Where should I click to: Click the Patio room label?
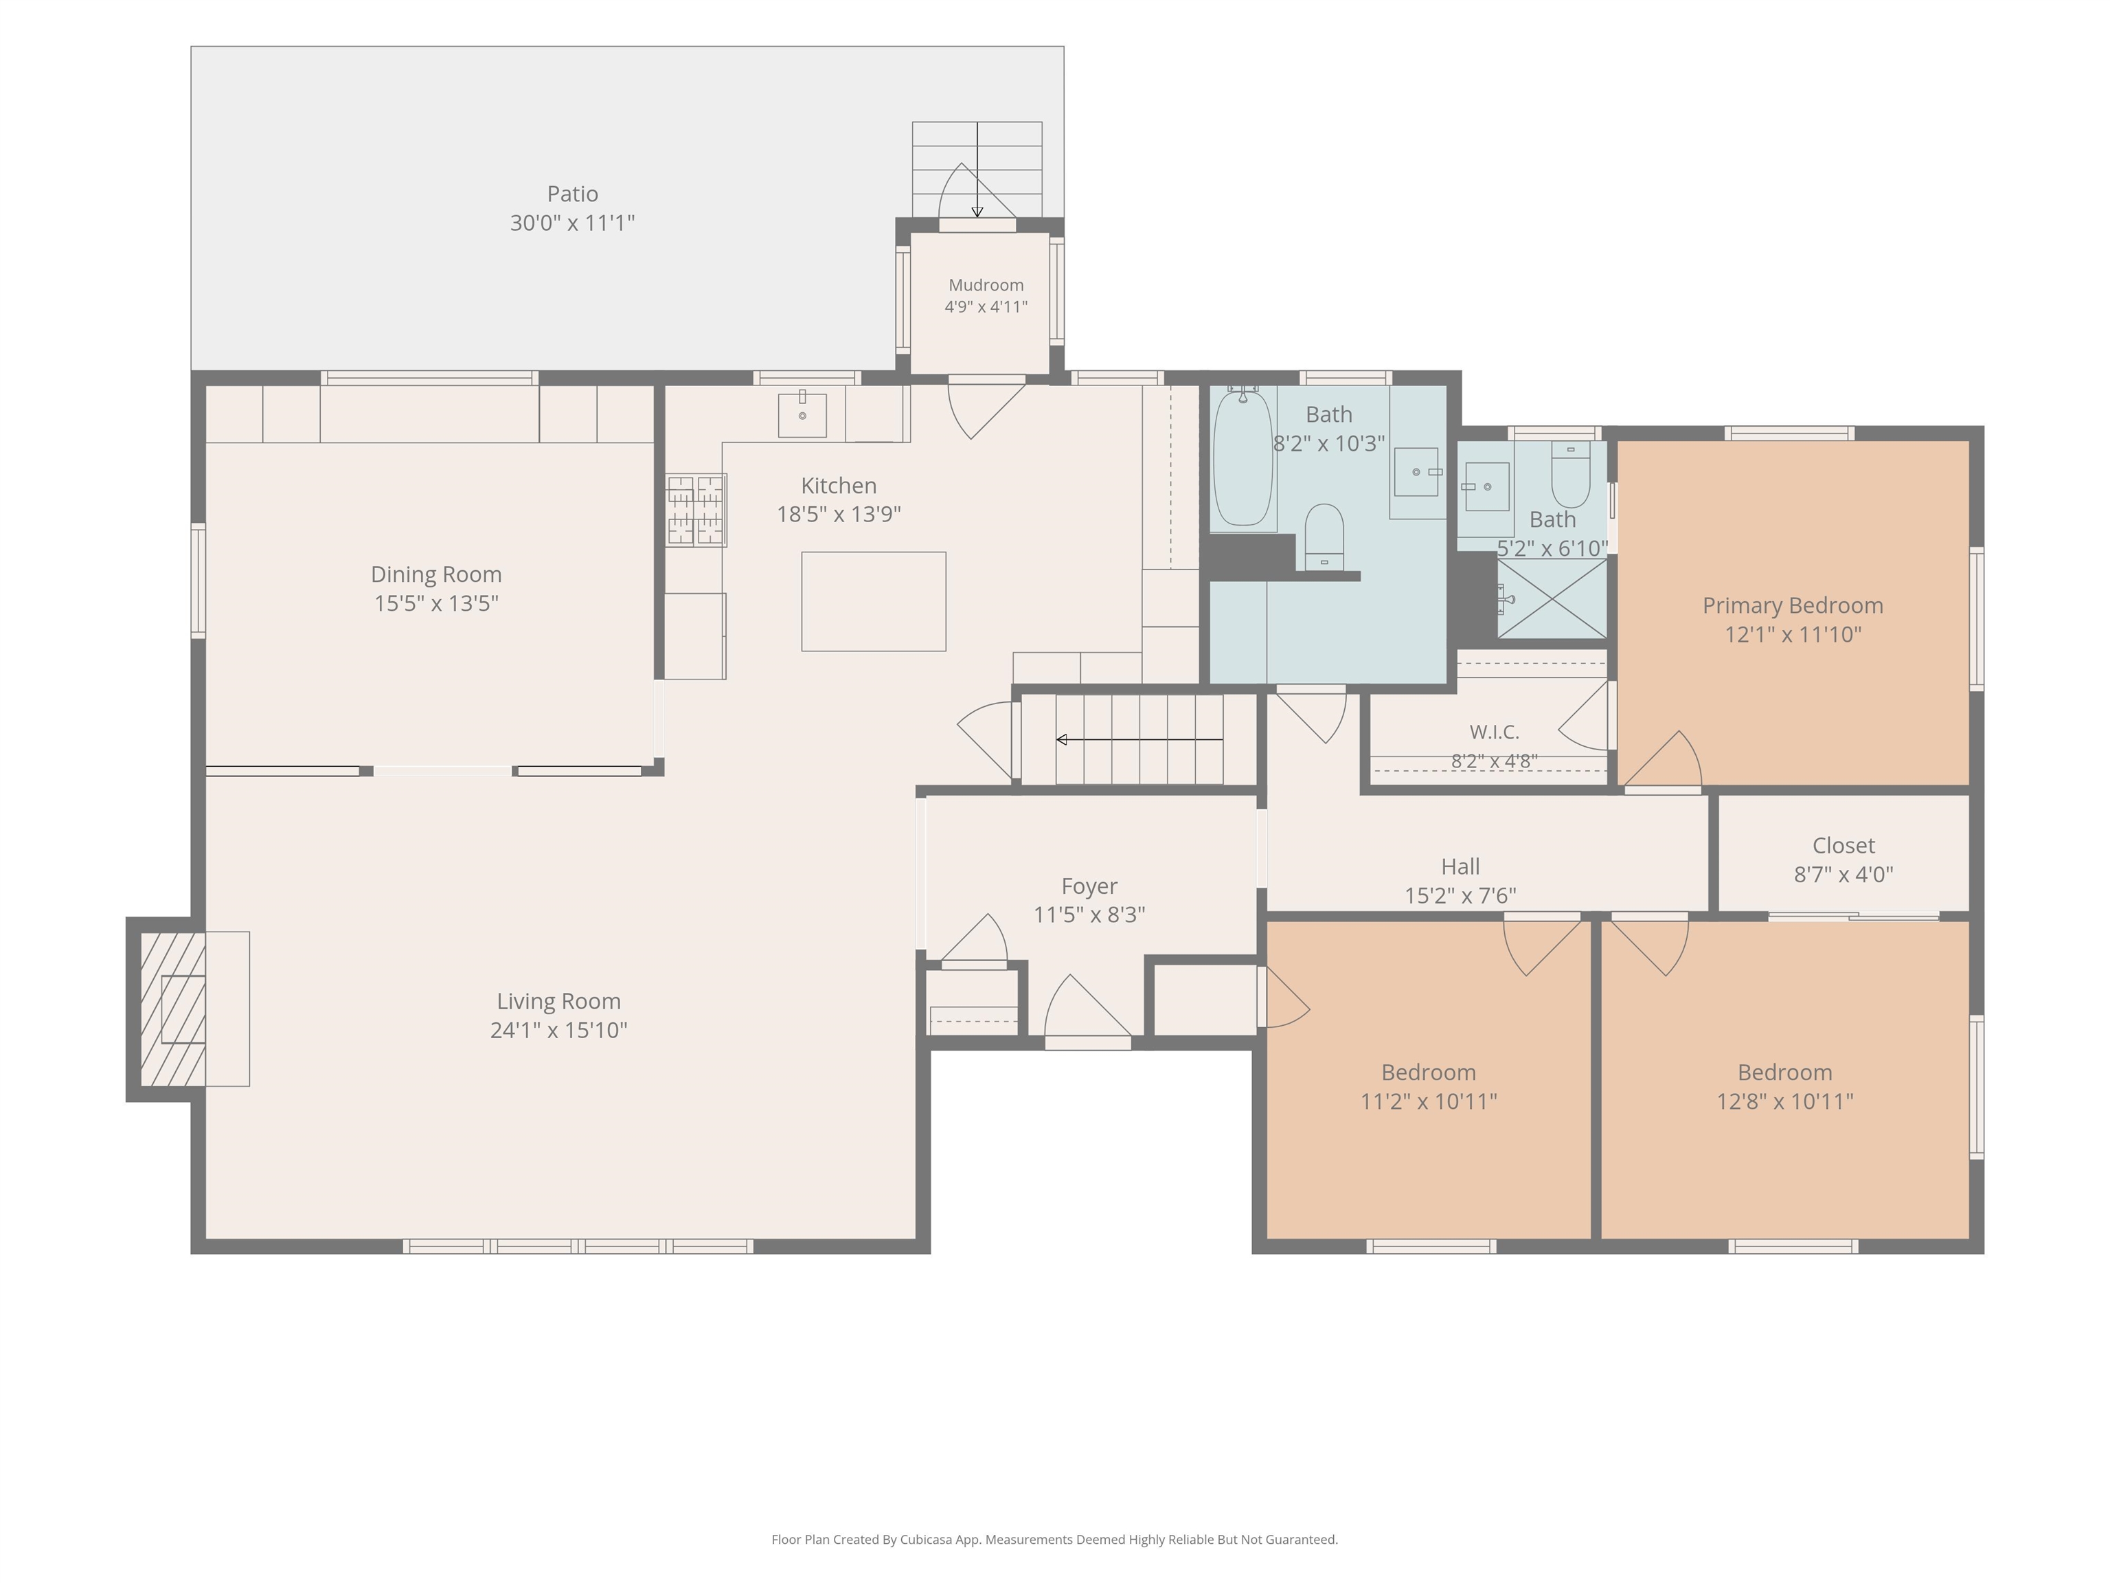tap(572, 194)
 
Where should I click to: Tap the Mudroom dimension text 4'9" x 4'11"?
tap(986, 306)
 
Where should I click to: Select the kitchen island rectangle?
tap(874, 601)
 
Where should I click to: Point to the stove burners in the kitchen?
tap(695, 510)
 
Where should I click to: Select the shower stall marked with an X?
tap(1552, 598)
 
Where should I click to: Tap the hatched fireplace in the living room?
tap(172, 1009)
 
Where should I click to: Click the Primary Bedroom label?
tap(1793, 605)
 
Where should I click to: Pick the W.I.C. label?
tap(1494, 732)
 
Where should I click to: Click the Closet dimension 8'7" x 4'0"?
tap(1843, 874)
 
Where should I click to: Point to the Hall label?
tap(1460, 866)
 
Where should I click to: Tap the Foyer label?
tap(1089, 886)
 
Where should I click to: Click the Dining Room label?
tap(436, 574)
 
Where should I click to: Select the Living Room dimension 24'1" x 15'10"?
tap(558, 1030)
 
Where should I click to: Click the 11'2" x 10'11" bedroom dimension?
tap(1428, 1101)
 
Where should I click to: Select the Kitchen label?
tap(839, 486)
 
